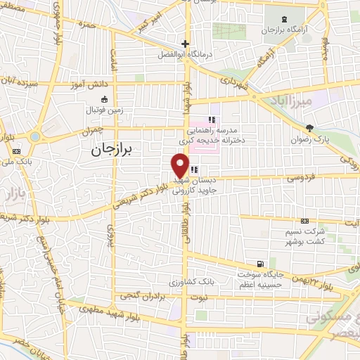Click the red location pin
click(180, 165)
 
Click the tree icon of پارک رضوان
click(310, 127)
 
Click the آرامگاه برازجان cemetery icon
click(285, 19)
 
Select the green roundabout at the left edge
click(34, 136)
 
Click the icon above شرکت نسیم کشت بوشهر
click(304, 221)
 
